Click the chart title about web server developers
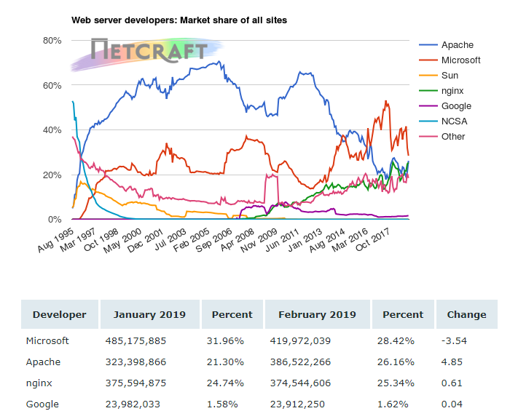178,20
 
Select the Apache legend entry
457,45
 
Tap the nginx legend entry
455,91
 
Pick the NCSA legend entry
454,121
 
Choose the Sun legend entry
450,76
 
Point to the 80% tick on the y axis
52,40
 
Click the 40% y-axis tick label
52,129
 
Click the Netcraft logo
149,50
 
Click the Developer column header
59,315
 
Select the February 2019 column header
317,315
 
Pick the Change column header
466,315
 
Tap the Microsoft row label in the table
47,340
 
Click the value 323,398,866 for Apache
137,362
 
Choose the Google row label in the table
42,404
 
